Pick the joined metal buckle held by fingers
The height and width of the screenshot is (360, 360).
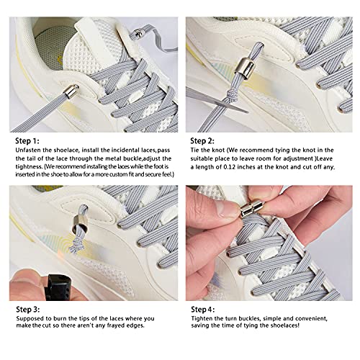coord(252,213)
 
